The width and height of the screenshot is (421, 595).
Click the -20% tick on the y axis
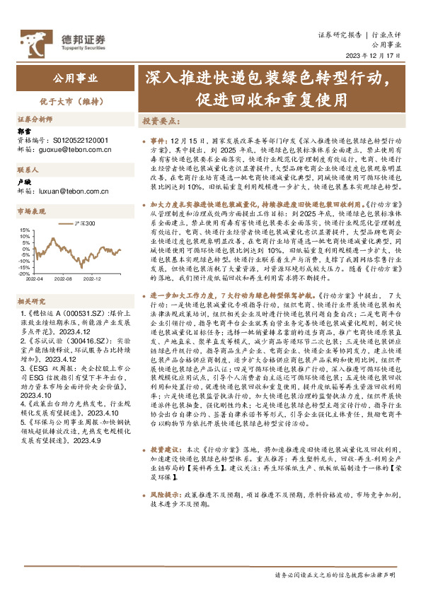(24, 274)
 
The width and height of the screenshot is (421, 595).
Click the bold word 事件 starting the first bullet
(158, 141)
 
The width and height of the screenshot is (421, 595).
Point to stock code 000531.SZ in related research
(83, 312)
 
